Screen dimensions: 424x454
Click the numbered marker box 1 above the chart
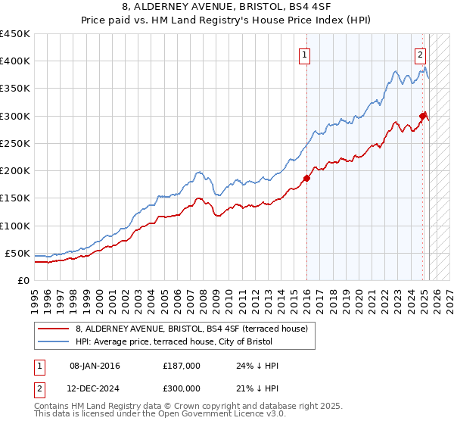(303, 54)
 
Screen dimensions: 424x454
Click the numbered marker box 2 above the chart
(420, 54)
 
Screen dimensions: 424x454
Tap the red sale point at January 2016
(306, 178)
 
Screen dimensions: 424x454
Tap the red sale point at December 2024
(423, 116)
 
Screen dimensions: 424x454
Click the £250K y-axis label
(15, 143)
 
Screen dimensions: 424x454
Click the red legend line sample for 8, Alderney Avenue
(54, 329)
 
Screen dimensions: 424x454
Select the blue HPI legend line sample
(54, 342)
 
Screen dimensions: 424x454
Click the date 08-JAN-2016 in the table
(94, 366)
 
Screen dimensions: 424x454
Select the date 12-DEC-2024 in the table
(94, 388)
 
